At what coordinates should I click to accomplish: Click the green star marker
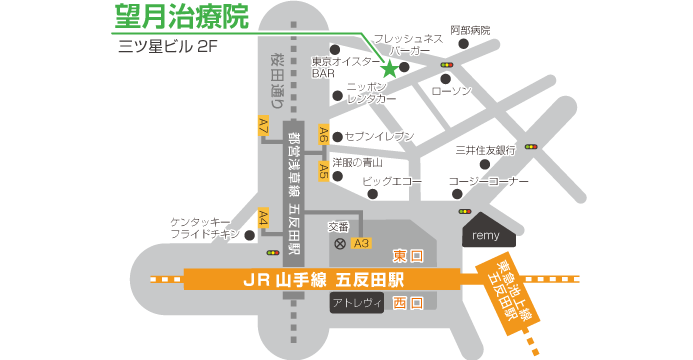pyautogui.click(x=389, y=69)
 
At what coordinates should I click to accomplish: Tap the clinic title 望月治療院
pyautogui.click(x=180, y=18)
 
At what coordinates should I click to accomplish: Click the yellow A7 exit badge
pyautogui.click(x=263, y=126)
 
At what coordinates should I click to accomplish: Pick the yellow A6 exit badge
pyautogui.click(x=323, y=134)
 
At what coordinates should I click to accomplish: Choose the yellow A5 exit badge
pyautogui.click(x=323, y=170)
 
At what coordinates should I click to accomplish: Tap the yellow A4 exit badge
pyautogui.click(x=263, y=218)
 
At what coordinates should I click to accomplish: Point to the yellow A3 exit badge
pyautogui.click(x=361, y=243)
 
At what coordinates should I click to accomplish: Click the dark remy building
pyautogui.click(x=487, y=233)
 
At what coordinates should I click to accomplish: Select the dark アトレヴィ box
pyautogui.click(x=357, y=303)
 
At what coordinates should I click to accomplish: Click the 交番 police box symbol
pyautogui.click(x=339, y=243)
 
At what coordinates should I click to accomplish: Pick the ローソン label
pyautogui.click(x=451, y=91)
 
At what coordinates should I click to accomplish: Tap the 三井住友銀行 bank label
pyautogui.click(x=484, y=150)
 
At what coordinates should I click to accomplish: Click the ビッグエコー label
pyautogui.click(x=392, y=181)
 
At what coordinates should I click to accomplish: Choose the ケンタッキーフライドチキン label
pyautogui.click(x=205, y=228)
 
